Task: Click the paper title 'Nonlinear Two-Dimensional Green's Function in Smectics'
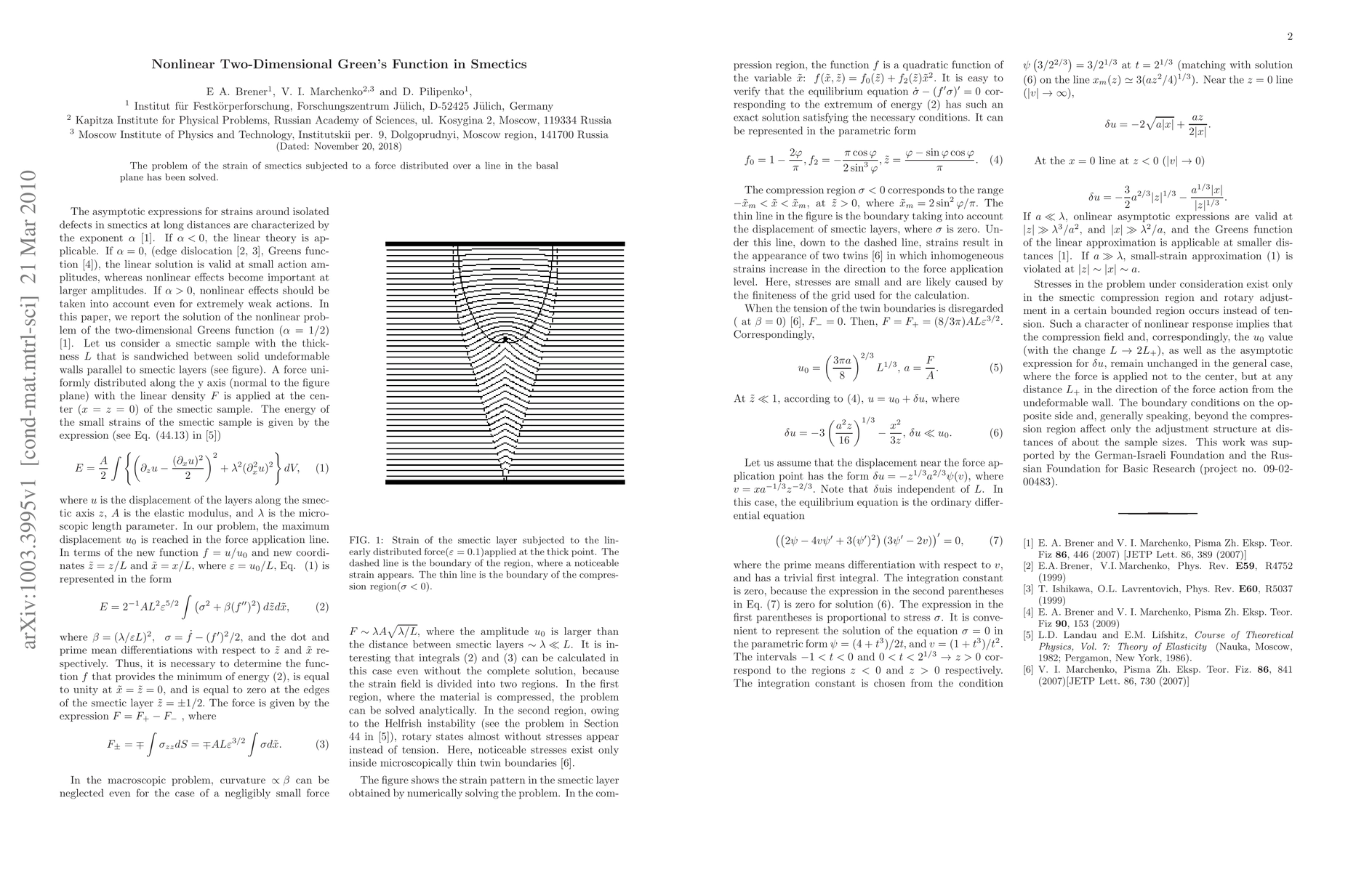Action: point(339,65)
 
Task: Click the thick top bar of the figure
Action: point(505,243)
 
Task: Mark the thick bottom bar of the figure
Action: point(505,482)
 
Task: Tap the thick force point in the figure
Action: point(505,339)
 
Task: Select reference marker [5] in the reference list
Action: point(1028,636)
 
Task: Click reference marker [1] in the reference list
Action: point(1028,543)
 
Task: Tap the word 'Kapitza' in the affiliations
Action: point(97,121)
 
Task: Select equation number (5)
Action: point(995,368)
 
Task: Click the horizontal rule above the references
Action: point(1158,514)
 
